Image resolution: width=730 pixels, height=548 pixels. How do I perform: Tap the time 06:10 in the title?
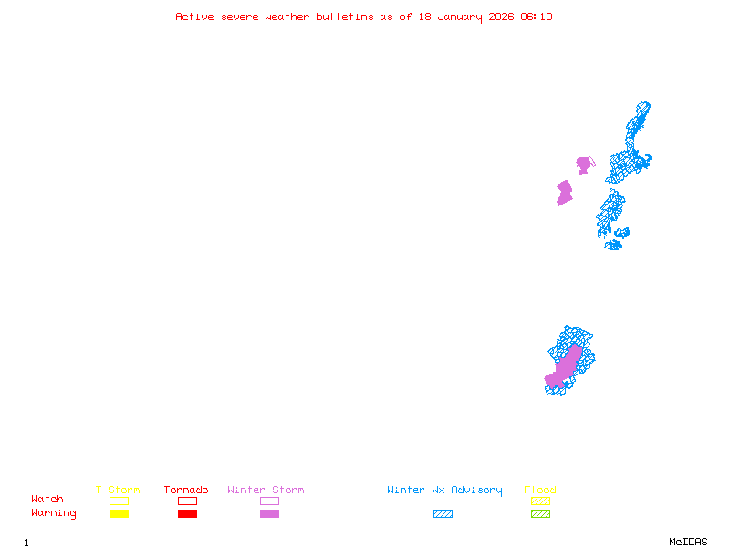[536, 16]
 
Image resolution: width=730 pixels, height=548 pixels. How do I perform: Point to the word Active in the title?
[195, 16]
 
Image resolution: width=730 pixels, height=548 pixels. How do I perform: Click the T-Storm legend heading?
[118, 490]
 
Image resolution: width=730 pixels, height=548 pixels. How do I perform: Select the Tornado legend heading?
[186, 490]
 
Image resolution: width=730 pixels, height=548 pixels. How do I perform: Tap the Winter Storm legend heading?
[266, 490]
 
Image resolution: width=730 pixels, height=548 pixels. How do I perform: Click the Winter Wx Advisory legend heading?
[444, 490]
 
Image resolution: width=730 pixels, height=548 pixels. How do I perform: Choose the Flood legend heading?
[540, 490]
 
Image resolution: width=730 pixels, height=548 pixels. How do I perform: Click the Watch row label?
[47, 500]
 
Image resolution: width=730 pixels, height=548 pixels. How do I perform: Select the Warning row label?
[54, 513]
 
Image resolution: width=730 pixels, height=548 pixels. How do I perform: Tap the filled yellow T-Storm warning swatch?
[119, 513]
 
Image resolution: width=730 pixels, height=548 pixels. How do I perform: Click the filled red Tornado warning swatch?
[187, 513]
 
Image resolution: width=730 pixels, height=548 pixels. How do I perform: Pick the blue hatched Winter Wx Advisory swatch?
[443, 513]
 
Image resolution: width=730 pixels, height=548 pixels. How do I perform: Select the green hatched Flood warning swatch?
[540, 513]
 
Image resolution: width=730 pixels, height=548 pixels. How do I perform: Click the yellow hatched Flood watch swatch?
[540, 501]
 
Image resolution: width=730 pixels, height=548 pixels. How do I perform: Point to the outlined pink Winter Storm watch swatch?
[269, 501]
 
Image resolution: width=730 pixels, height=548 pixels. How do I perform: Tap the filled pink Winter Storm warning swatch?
[269, 513]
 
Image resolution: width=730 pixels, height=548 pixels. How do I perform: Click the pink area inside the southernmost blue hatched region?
[565, 365]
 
